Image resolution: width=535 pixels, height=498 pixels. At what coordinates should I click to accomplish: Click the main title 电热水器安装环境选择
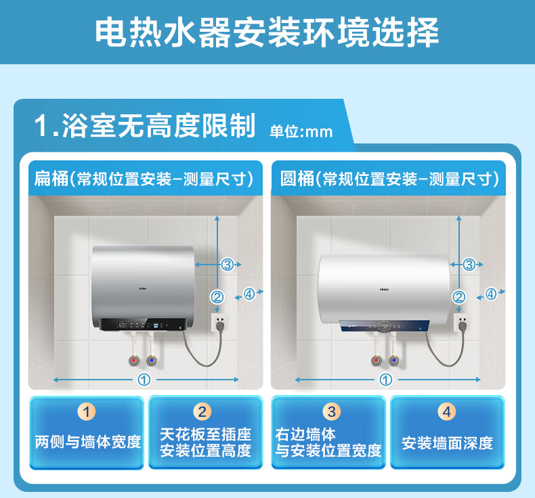267,32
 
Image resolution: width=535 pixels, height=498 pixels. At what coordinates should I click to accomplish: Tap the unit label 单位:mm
301,131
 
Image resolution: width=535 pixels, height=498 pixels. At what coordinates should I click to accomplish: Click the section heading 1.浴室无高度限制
145,126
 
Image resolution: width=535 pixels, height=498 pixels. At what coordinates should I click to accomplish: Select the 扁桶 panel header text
144,179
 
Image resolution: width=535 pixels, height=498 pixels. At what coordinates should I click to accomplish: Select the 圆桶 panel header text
389,179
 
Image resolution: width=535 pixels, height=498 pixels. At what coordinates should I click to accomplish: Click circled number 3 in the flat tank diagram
228,264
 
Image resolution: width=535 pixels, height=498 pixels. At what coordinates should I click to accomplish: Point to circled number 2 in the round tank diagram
458,297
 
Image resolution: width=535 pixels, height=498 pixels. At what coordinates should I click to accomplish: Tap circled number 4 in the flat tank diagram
249,294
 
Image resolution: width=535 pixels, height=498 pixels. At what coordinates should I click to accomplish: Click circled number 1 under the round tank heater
386,380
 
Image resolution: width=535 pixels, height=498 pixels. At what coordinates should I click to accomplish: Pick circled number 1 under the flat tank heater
144,380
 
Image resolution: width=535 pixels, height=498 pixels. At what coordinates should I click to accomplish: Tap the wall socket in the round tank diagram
463,323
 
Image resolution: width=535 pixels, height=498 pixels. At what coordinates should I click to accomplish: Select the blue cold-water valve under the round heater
394,360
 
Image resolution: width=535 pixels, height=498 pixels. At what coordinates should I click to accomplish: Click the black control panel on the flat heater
144,324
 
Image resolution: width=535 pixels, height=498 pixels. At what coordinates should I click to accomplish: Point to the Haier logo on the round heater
385,290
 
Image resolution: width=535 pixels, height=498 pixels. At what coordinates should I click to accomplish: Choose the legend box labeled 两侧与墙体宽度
87,432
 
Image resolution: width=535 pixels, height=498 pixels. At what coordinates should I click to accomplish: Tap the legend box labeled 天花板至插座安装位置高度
206,432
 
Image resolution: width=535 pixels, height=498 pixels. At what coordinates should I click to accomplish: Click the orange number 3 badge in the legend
332,412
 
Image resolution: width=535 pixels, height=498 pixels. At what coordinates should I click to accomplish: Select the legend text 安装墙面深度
448,443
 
